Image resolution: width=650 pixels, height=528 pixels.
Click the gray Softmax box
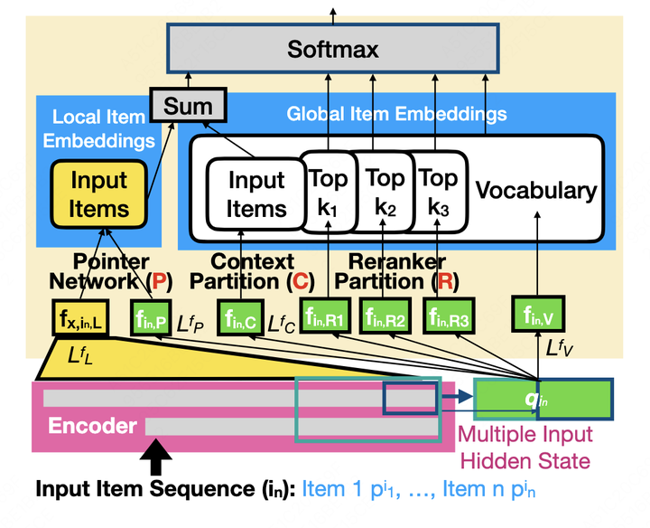332,49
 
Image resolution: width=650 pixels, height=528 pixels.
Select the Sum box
189,105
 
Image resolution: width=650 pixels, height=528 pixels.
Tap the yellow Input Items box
99,194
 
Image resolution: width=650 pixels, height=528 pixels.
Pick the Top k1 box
327,192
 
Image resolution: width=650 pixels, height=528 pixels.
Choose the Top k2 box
385,192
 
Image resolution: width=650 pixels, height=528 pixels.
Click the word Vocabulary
536,192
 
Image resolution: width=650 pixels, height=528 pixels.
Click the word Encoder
92,426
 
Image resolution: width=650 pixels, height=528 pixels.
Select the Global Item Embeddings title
396,115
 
